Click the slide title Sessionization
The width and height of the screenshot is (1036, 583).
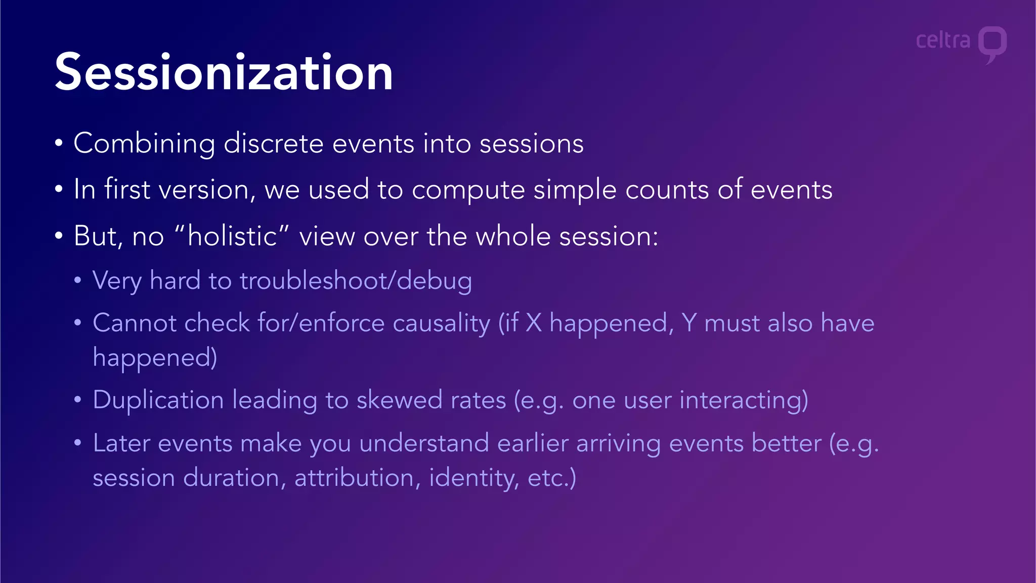224,72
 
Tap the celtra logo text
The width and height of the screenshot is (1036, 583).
943,40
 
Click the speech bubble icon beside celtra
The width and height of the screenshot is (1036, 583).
992,44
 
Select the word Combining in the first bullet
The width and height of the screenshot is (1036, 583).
144,144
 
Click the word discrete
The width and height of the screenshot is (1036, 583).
273,144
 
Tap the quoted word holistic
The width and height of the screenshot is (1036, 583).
232,236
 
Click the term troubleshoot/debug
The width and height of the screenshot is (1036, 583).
356,281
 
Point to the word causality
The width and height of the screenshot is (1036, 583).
441,323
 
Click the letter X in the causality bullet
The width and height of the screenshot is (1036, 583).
534,323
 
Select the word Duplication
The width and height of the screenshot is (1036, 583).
158,400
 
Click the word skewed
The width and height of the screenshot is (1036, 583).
399,400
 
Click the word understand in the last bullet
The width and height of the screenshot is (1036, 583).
424,443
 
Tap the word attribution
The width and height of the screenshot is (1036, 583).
354,478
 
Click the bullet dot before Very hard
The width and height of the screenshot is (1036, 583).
77,280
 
